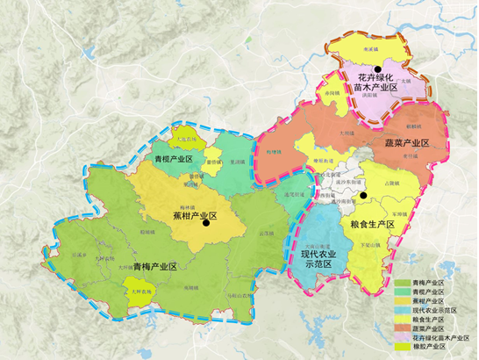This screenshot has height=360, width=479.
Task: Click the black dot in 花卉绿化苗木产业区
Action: coord(376,69)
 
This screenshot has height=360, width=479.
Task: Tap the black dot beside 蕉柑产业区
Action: coord(205,223)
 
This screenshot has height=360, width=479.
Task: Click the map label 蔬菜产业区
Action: coord(406,142)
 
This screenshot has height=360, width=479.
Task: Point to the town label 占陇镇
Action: coord(388,183)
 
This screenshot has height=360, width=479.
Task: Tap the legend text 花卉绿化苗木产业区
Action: coord(444,337)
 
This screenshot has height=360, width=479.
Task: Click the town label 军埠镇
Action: coord(399,213)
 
